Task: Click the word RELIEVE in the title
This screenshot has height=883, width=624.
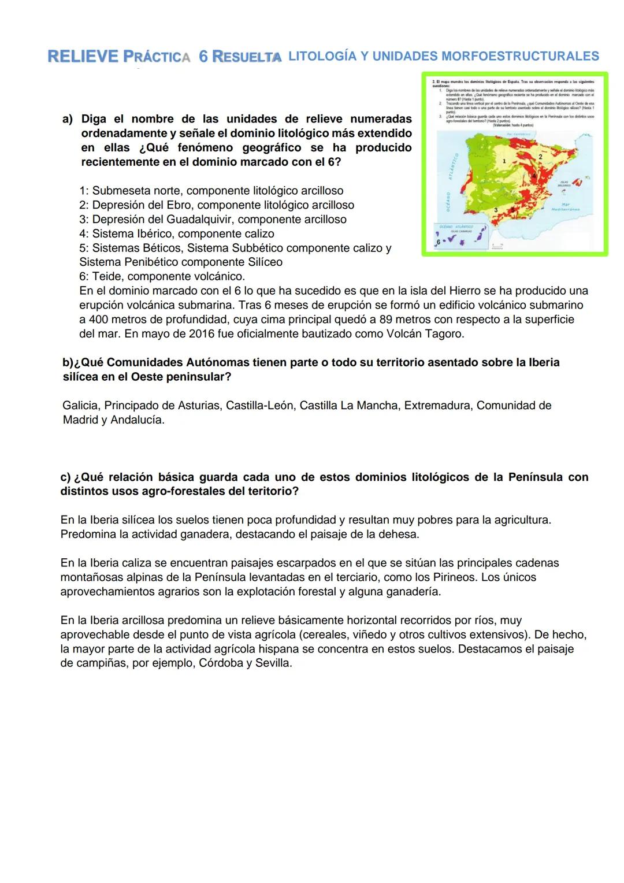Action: coord(83,57)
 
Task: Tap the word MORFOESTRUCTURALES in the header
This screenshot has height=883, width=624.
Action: coord(519,57)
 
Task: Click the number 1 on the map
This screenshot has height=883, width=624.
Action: coord(504,161)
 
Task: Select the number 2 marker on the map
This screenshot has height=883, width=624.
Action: coord(540,157)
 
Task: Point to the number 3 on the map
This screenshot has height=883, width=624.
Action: coord(496,210)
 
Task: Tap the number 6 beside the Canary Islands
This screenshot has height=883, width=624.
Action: coord(439,242)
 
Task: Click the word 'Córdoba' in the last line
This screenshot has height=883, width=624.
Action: coord(221,663)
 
